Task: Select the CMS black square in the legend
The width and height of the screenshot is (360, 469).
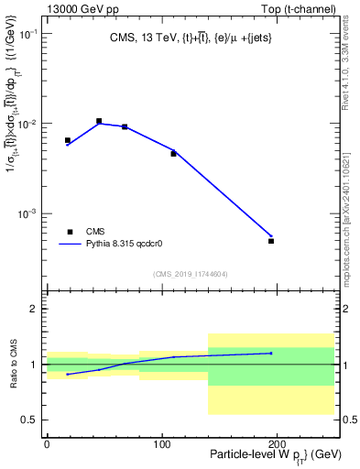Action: click(70, 232)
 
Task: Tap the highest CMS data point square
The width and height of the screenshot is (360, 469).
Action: click(99, 121)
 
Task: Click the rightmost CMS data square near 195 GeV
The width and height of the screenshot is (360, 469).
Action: click(271, 241)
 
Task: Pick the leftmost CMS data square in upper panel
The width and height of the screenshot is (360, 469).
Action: click(68, 140)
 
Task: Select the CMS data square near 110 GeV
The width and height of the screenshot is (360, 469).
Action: click(173, 154)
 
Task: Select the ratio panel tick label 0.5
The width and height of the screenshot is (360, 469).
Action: click(30, 420)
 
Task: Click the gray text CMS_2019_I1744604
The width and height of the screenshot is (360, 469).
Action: click(191, 274)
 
